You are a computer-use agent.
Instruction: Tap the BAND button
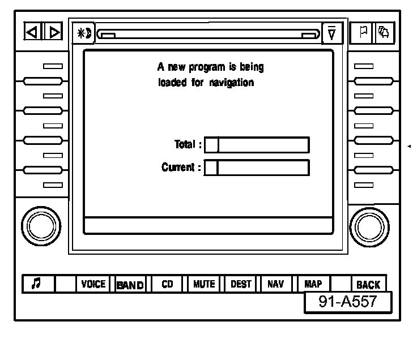tap(130, 285)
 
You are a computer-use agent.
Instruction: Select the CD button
tap(167, 284)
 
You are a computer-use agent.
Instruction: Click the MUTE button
tap(204, 284)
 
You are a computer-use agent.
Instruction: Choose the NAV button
tap(275, 284)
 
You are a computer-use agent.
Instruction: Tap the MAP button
tap(313, 284)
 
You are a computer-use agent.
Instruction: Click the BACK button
tap(368, 285)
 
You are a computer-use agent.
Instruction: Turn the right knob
tap(371, 226)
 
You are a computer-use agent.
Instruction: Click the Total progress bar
tap(257, 145)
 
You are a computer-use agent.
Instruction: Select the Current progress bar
tap(257, 168)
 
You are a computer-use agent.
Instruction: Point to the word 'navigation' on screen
tap(232, 83)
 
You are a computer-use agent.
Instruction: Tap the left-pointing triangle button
tap(32, 32)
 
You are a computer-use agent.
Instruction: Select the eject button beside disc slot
tap(331, 33)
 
